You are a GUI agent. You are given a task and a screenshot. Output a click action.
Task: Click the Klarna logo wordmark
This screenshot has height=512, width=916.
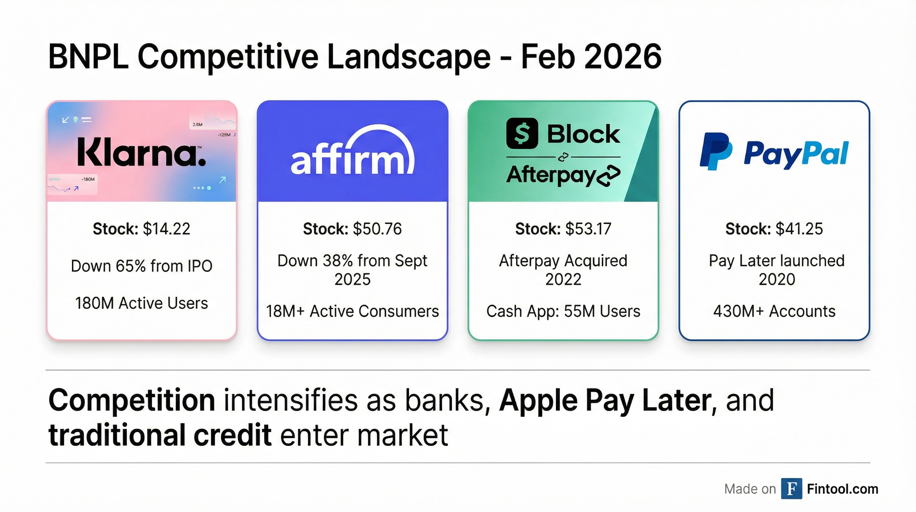click(141, 152)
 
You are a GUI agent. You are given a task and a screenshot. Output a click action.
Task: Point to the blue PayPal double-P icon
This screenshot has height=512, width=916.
click(715, 151)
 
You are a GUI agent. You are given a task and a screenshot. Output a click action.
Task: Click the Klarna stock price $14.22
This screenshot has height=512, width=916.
click(166, 229)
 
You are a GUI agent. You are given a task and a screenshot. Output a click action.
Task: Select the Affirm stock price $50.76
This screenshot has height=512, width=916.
click(377, 229)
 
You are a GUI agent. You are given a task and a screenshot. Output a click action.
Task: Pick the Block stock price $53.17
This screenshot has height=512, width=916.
click(588, 229)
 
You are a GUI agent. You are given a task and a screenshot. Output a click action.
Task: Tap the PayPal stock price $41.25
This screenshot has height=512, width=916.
click(799, 229)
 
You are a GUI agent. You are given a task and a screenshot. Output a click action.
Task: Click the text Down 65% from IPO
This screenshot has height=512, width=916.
click(141, 266)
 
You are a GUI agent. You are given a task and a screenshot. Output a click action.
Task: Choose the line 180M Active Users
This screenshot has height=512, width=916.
click(141, 303)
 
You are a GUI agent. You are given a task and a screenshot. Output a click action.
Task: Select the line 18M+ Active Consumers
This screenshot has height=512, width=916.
click(352, 311)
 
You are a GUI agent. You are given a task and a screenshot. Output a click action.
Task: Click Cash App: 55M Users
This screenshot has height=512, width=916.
click(563, 311)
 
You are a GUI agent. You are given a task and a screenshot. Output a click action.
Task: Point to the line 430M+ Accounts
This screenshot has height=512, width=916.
click(774, 311)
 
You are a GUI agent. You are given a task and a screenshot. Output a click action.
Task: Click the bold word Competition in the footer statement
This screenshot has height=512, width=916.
click(131, 400)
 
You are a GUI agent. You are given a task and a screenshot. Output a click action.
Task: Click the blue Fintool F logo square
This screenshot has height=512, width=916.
click(791, 489)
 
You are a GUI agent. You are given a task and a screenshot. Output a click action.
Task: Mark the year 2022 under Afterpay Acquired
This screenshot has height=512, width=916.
click(563, 279)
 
